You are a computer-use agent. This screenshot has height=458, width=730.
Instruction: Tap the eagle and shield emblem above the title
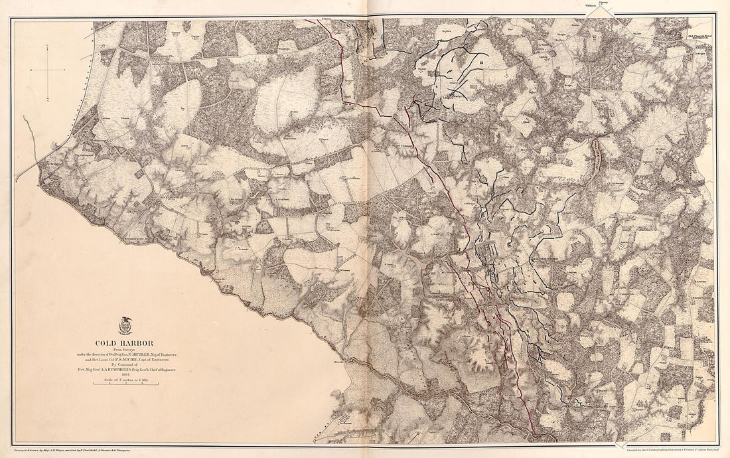pos(125,326)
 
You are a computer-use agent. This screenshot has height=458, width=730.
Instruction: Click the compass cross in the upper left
pos(48,69)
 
